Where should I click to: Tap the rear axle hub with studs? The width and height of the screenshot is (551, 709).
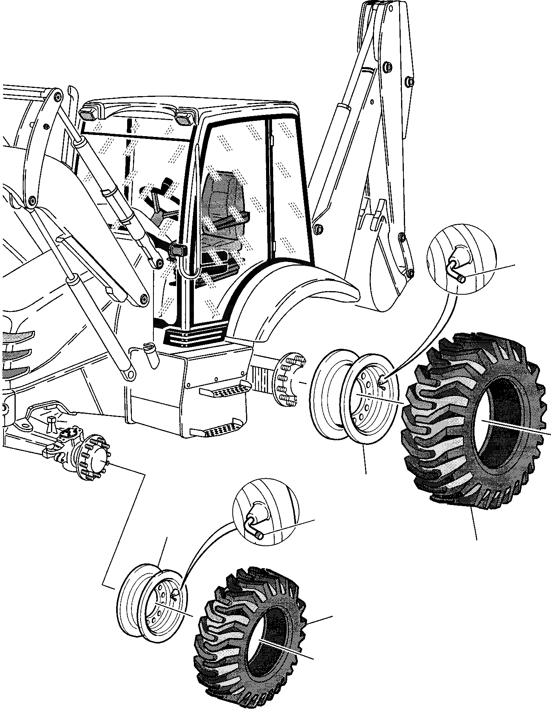tap(288, 379)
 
